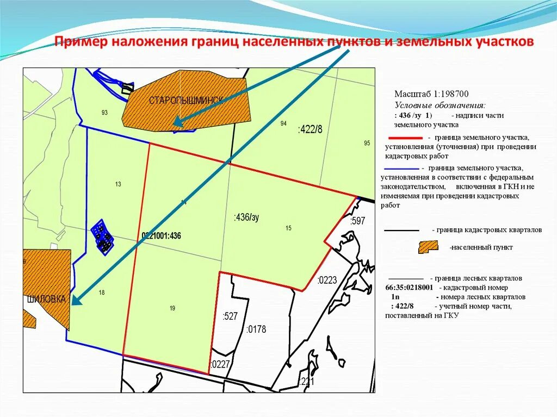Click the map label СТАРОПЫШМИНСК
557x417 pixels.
(186, 101)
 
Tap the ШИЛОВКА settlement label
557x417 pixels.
(46, 300)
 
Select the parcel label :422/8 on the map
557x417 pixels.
(310, 129)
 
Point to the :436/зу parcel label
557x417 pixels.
(246, 217)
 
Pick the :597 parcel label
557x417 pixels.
(357, 221)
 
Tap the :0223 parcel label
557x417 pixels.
(327, 281)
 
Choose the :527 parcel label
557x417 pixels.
(231, 316)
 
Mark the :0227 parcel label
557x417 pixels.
(220, 364)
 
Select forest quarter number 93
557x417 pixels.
(104, 113)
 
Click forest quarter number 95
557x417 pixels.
(367, 143)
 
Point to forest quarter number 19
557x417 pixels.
(172, 308)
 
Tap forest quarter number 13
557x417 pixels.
(118, 184)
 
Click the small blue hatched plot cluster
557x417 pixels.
(102, 236)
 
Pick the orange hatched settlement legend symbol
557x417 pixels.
(428, 247)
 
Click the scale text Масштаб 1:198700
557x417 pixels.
(431, 94)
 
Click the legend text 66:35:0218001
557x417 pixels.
(409, 287)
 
